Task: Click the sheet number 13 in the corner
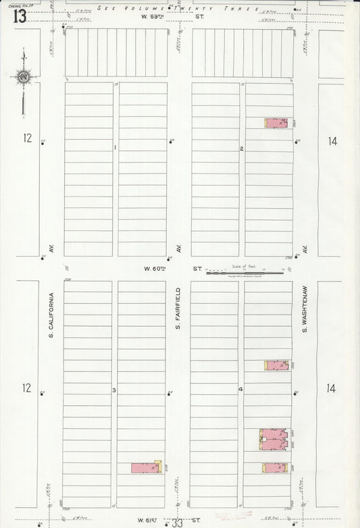point(19,16)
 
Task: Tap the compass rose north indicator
point(24,77)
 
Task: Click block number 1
point(115,147)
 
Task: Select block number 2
point(242,148)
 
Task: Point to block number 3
point(114,390)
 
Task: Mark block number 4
point(240,390)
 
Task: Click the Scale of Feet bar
point(245,273)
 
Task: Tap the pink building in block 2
point(275,123)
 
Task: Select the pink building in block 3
point(146,467)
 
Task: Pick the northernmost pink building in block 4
point(276,365)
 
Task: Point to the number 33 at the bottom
point(177,523)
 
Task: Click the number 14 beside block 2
point(332,141)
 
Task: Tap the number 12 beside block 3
point(26,388)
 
